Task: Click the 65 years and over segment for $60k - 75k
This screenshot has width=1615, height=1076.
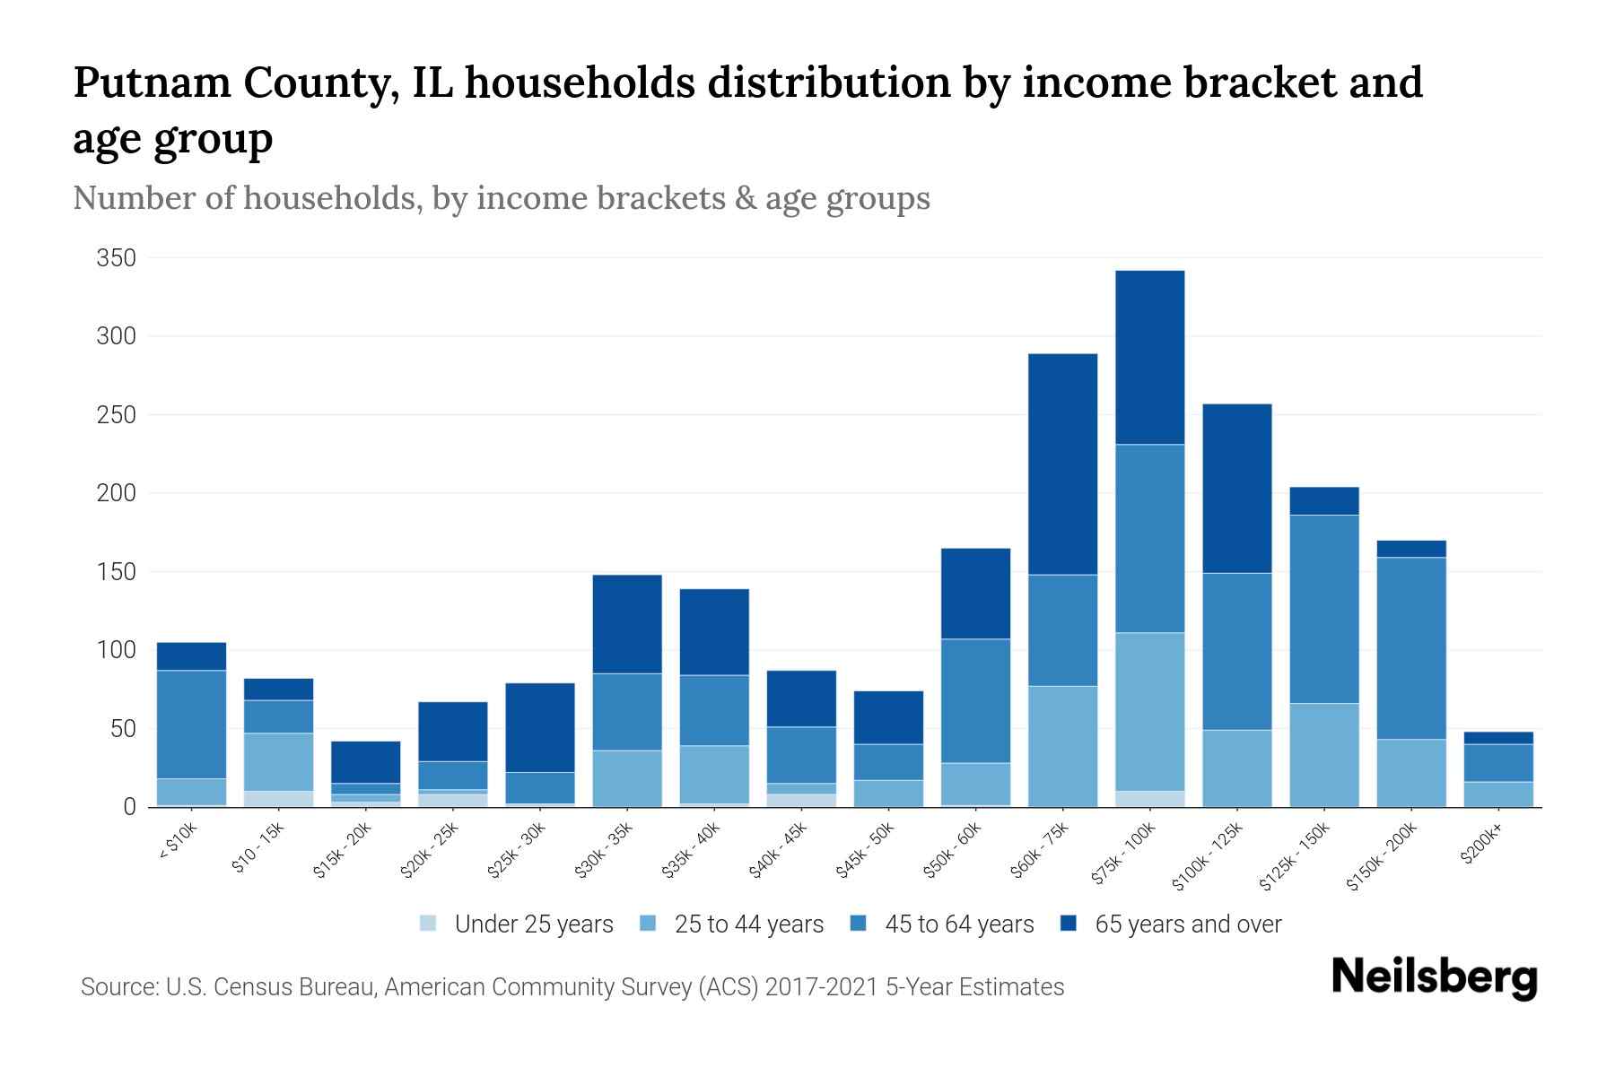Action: [x=1062, y=464]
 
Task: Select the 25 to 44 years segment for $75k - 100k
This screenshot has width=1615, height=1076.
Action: [x=1149, y=712]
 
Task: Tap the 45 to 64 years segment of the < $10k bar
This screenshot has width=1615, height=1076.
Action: [x=191, y=725]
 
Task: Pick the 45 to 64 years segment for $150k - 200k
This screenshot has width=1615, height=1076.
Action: [x=1411, y=648]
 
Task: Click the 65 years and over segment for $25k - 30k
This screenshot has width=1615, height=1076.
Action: [x=540, y=727]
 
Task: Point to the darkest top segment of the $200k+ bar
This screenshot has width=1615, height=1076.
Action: [x=1498, y=738]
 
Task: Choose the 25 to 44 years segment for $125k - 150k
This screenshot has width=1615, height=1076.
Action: [x=1324, y=755]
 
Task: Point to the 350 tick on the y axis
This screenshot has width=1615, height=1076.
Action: [x=116, y=258]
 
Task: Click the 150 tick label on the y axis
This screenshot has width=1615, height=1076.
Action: [x=116, y=572]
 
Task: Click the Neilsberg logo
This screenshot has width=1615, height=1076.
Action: [x=1434, y=977]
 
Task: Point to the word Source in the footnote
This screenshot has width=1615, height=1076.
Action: [x=117, y=987]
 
